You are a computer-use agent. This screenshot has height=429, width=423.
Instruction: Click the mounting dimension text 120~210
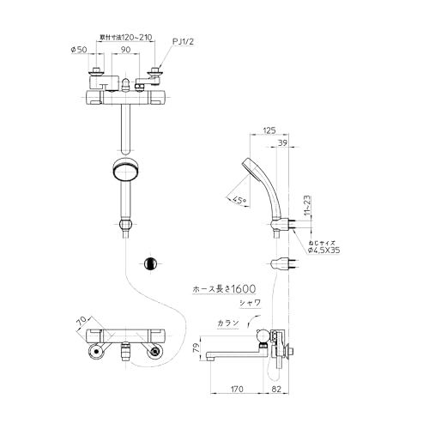coord(126,38)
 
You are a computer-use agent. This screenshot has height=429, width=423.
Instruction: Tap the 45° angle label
coord(241,200)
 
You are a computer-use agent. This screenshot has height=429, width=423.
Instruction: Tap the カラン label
coord(228,324)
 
